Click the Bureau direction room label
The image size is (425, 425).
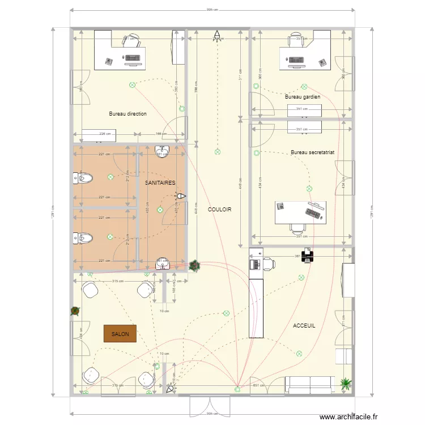click(x=127, y=114)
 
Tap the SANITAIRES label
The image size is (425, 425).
click(x=160, y=183)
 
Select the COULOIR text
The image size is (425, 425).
click(x=219, y=210)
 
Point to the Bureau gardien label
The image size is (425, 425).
click(x=303, y=97)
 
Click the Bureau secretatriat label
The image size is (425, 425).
click(x=312, y=152)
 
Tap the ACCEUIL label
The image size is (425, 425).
click(x=304, y=326)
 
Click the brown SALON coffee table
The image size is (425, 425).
click(x=120, y=334)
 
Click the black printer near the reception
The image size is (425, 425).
click(x=307, y=256)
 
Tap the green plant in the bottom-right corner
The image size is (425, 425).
click(x=345, y=384)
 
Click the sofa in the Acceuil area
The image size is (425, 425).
click(x=308, y=385)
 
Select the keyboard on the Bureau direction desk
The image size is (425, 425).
click(x=133, y=58)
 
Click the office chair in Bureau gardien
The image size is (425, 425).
click(x=298, y=39)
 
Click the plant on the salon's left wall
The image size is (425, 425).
click(x=75, y=311)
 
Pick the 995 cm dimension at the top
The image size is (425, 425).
click(x=212, y=10)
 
